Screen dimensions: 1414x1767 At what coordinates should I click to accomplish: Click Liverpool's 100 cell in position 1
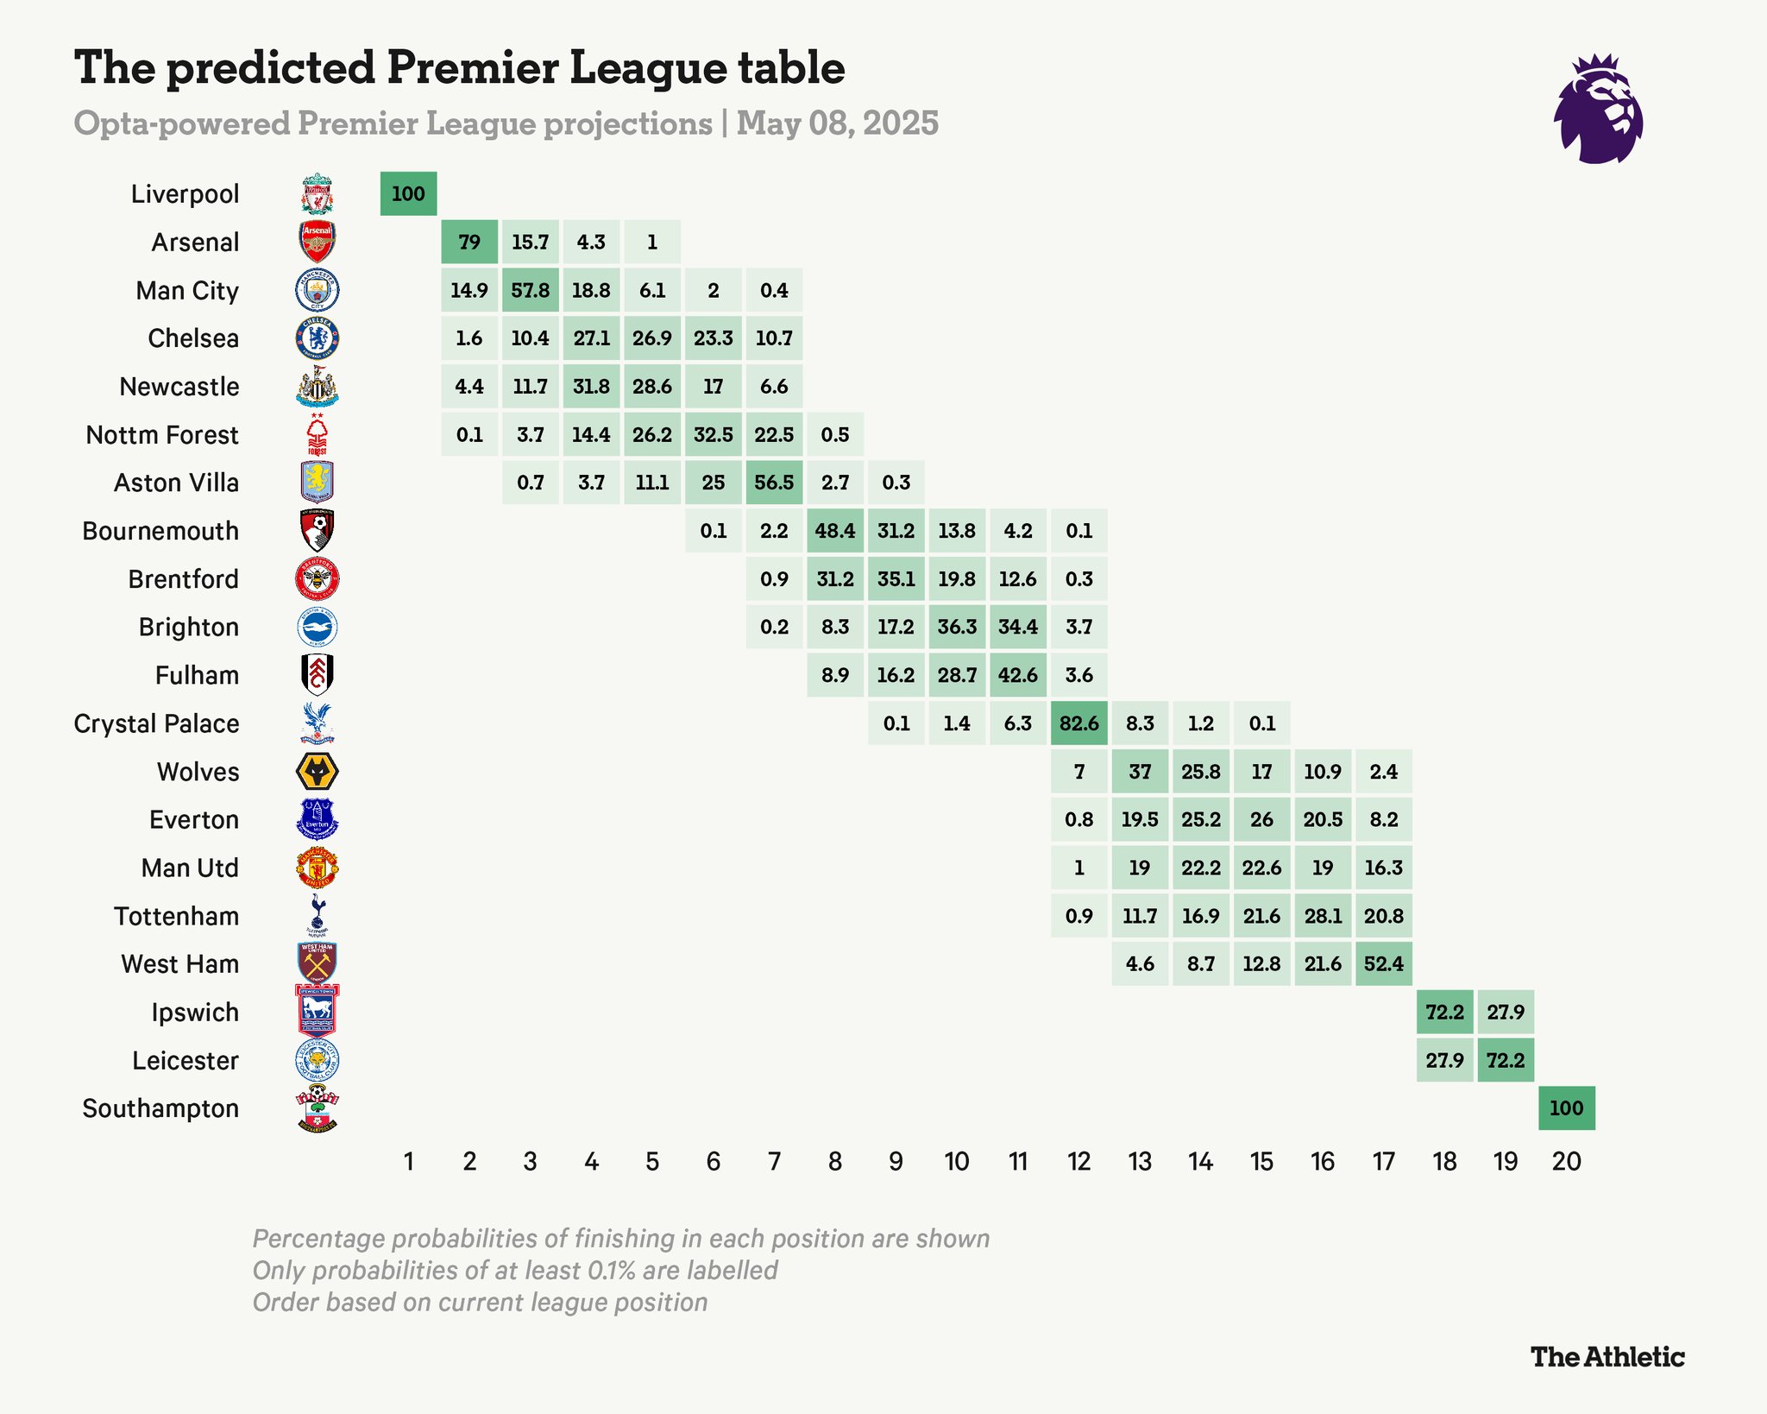(408, 193)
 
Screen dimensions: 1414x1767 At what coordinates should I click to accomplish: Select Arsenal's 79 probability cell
(469, 242)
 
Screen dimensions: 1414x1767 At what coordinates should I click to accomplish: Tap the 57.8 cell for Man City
(530, 290)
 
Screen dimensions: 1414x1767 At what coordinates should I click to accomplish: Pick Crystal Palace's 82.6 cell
(1078, 723)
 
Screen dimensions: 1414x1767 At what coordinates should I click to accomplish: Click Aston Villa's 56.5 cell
(774, 483)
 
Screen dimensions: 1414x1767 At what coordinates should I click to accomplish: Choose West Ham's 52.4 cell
(1384, 964)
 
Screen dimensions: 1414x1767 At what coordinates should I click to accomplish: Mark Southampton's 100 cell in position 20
(1566, 1108)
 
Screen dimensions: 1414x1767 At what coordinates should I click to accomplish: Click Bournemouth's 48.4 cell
(835, 531)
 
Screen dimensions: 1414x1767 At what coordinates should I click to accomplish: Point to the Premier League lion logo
(1598, 110)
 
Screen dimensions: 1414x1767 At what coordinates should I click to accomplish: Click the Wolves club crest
(318, 772)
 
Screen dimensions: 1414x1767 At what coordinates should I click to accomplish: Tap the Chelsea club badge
(318, 338)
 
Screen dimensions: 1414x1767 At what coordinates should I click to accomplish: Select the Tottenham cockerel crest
(318, 915)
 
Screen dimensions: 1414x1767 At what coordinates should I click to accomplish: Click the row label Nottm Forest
(162, 435)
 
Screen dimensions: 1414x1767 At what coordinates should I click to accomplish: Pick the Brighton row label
(189, 628)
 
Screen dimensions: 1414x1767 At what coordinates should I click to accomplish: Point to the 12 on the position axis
(1078, 1162)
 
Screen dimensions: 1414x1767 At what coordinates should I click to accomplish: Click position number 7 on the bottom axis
(774, 1162)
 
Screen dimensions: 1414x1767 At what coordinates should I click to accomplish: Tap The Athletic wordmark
(1607, 1357)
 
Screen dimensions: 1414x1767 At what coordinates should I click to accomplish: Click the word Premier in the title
(474, 68)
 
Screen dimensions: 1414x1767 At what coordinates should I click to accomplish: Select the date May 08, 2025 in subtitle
(837, 123)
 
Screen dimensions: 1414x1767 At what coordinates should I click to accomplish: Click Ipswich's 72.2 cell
(1444, 1013)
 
